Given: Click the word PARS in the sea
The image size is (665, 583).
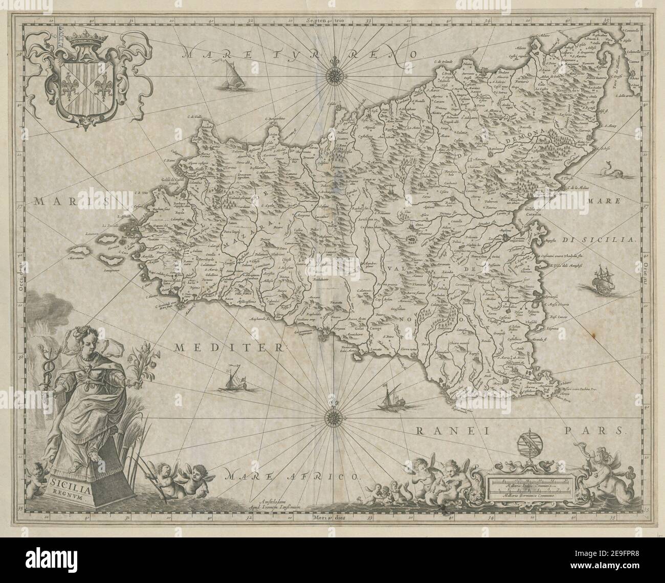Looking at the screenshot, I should (603, 431).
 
